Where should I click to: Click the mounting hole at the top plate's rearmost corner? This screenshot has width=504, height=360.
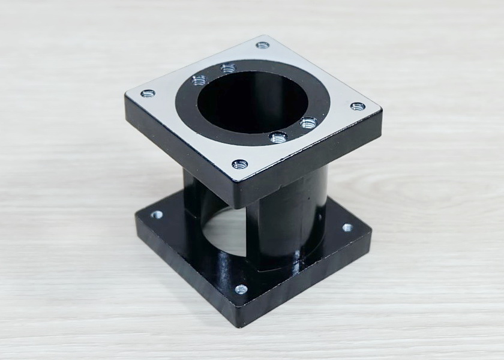pyautogui.click(x=262, y=45)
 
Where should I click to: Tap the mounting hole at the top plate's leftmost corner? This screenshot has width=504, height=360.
pyautogui.click(x=148, y=93)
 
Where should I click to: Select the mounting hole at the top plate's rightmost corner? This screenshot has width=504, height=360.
pyautogui.click(x=358, y=107)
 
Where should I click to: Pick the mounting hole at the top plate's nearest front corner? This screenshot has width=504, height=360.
pyautogui.click(x=239, y=163)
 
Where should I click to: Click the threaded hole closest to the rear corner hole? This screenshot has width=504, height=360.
pyautogui.click(x=227, y=68)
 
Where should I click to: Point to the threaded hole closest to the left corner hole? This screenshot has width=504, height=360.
pyautogui.click(x=199, y=80)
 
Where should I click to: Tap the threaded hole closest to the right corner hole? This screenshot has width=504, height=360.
pyautogui.click(x=308, y=122)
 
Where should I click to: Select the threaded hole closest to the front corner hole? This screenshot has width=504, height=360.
pyautogui.click(x=278, y=137)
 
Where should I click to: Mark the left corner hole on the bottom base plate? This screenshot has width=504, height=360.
pyautogui.click(x=158, y=214)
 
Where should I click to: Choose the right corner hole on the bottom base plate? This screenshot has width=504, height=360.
pyautogui.click(x=347, y=227)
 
